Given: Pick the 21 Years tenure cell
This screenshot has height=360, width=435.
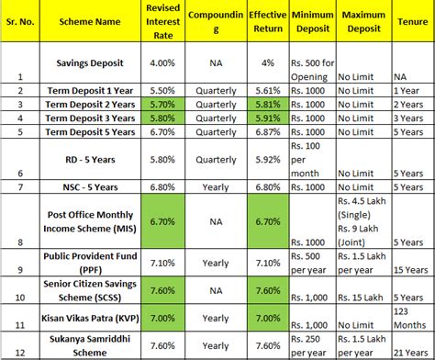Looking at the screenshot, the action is click(x=409, y=354).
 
